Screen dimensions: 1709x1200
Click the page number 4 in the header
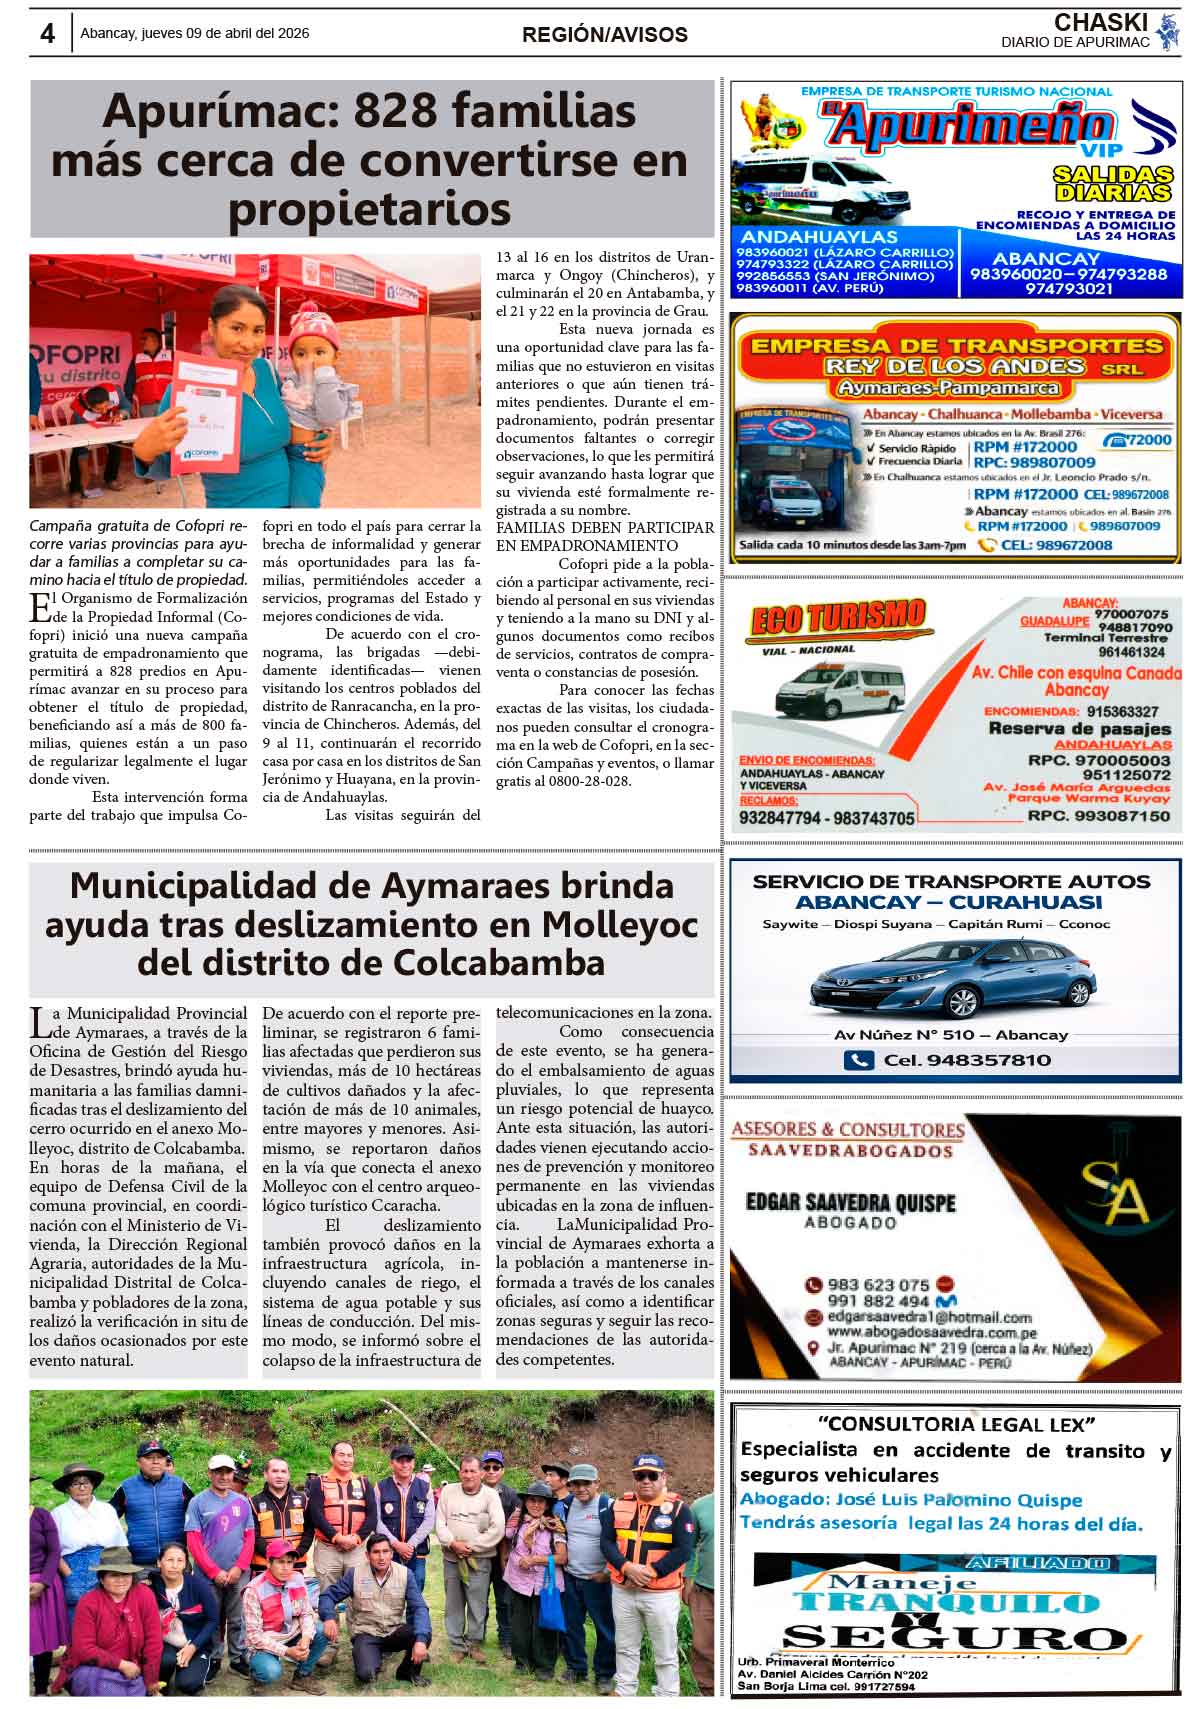(47, 33)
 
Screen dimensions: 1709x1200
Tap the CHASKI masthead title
(1100, 22)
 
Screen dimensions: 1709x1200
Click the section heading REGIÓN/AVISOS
(604, 35)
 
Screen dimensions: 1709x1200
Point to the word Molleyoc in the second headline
(620, 925)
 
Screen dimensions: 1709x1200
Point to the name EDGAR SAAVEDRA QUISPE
(850, 1202)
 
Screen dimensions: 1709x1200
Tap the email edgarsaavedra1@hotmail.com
(930, 1317)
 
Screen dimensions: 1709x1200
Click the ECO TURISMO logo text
(837, 618)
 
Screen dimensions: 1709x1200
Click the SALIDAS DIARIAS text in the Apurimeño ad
(1112, 183)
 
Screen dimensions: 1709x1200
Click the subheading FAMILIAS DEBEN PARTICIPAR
(605, 527)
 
